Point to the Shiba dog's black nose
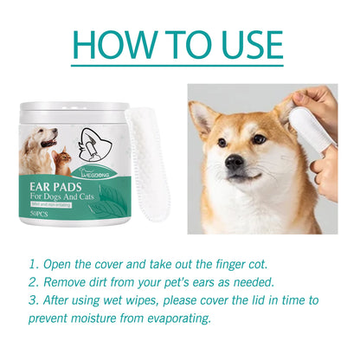point(235,163)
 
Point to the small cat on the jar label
point(63,161)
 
